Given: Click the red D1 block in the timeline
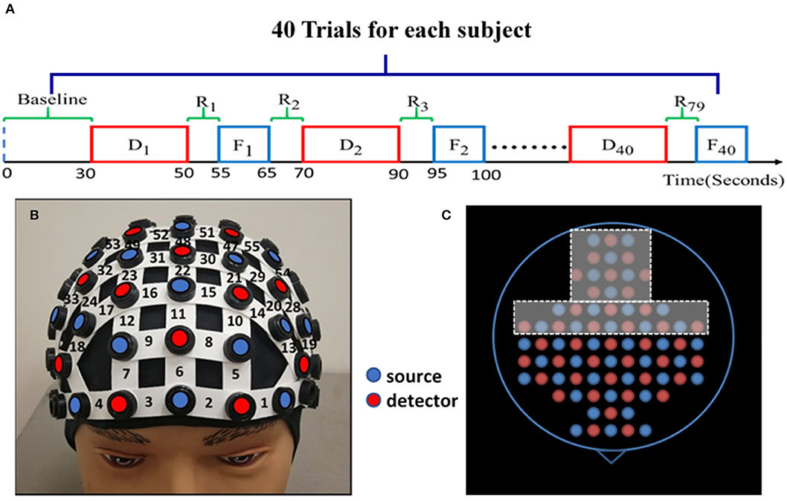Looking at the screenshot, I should [139, 143].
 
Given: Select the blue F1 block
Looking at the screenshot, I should [244, 143].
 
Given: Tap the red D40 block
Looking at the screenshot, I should [617, 143].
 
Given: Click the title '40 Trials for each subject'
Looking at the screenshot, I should [384, 32].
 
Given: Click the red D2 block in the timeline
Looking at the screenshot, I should [351, 143].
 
